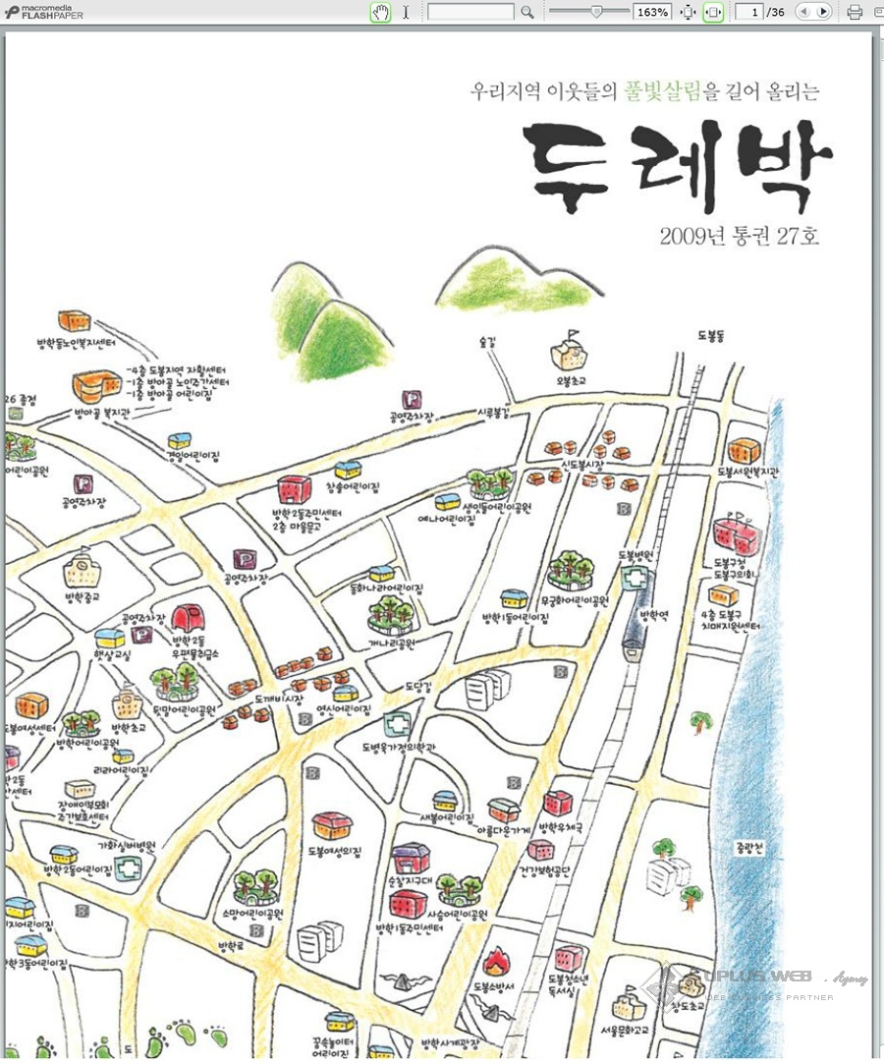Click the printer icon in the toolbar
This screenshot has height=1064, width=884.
855,12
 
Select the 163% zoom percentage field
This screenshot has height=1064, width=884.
653,12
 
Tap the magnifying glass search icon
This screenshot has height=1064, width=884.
527,12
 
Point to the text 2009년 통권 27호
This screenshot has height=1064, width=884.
739,236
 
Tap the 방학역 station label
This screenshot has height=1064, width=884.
654,616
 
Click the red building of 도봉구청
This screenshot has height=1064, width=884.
735,535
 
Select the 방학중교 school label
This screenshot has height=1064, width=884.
84,596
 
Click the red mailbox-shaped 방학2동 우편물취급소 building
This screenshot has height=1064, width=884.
185,618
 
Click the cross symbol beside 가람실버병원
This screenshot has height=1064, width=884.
127,869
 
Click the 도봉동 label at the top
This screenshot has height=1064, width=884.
709,335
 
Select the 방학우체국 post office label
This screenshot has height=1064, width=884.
561,828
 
